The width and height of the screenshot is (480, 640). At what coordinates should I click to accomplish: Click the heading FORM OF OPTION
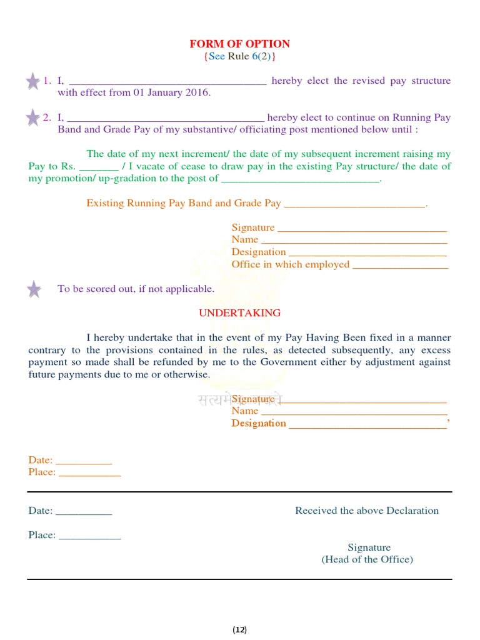pos(240,44)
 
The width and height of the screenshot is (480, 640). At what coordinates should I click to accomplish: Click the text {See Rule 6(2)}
pos(240,56)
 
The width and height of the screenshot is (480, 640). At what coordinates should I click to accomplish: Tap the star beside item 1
pos(33,81)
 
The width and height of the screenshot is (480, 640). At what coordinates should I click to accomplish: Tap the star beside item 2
pos(33,117)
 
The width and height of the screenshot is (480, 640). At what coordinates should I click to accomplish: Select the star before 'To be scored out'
pos(34,289)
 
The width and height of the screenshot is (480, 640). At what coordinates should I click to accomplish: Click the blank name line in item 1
pos(167,82)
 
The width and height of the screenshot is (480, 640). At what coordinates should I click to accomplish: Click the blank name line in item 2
pos(166,119)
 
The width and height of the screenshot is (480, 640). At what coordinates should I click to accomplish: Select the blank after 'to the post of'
pos(301,180)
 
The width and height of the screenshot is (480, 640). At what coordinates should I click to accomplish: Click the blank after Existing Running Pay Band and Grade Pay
pos(354,205)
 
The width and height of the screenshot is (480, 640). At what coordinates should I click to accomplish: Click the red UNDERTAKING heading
pos(240,312)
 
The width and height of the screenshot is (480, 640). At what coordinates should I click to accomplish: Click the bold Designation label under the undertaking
pos(259,423)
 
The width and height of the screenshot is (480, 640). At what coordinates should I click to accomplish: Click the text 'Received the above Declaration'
pos(367,511)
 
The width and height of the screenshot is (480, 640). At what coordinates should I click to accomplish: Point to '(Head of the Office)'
pos(367,559)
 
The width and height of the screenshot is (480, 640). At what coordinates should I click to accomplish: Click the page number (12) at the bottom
pos(240,629)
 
